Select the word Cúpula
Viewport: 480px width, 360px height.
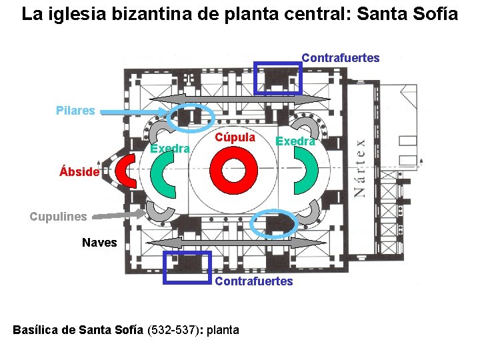coord(235,137)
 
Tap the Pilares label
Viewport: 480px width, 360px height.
coord(75,111)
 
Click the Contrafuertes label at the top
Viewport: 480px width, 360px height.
coord(341,58)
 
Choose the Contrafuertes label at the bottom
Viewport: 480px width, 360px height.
coord(253,281)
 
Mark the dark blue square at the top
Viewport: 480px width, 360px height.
coord(278,78)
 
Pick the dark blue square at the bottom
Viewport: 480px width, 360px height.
coord(187,267)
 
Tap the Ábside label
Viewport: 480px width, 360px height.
coord(79,172)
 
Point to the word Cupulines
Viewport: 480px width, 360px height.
coord(59,216)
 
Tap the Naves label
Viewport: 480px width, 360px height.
coord(99,243)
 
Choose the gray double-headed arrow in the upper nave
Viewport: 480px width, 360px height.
coord(240,99)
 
